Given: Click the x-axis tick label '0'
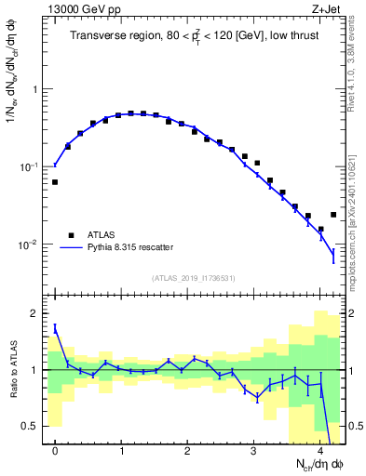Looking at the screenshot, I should click(55, 451).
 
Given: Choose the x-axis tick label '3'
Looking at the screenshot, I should click(254, 451).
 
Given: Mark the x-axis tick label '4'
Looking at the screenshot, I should click(320, 451).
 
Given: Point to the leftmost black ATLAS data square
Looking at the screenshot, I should click(55, 182).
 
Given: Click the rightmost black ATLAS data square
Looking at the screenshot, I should click(333, 215).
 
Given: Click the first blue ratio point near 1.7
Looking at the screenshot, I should click(55, 327).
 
